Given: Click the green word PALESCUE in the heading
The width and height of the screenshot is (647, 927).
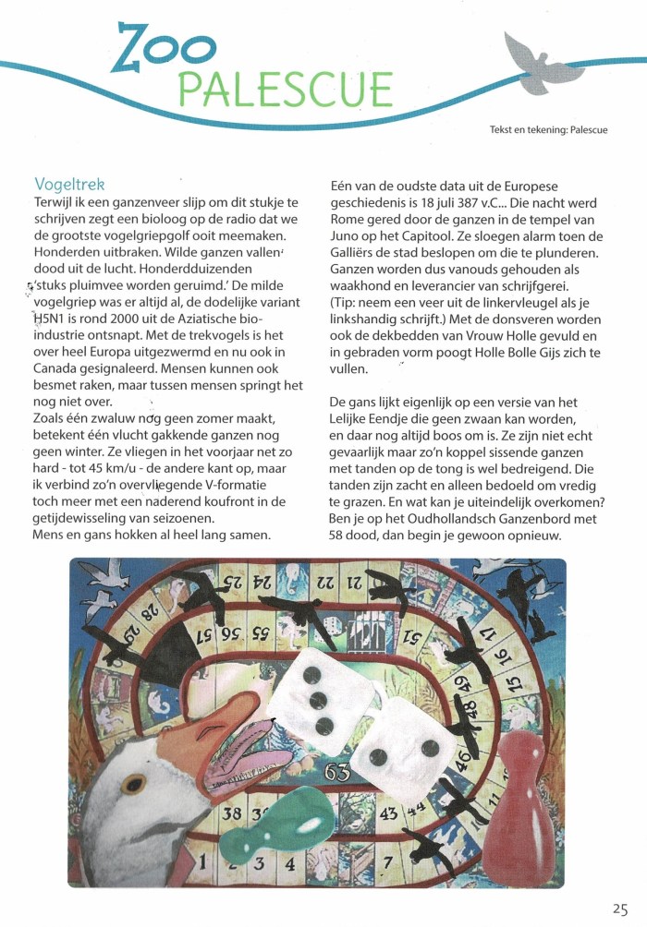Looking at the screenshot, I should tap(284, 90).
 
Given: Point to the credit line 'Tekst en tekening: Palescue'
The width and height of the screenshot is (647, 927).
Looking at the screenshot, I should tap(548, 130).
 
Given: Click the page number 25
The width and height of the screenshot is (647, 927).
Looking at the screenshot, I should tap(619, 909).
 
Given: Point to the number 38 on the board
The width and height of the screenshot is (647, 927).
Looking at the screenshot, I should tap(233, 813).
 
